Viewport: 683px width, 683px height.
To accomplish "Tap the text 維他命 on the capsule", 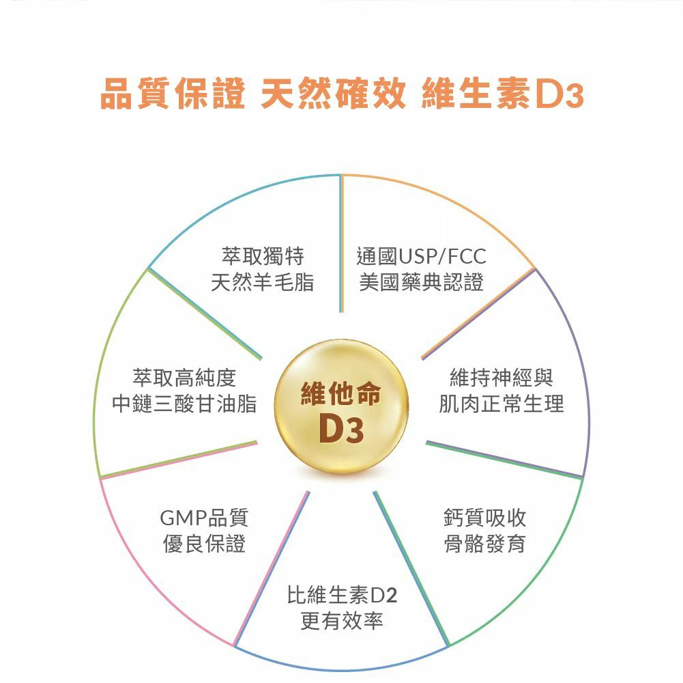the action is point(340,395).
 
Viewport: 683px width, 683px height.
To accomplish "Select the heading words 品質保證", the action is point(173,96).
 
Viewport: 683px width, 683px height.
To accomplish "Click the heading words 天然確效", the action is point(333,96).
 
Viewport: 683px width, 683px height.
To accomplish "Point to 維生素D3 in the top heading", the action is point(504,96).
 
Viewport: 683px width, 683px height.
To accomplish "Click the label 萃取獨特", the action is point(263,257).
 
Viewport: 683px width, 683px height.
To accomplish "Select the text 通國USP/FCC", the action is point(422,257).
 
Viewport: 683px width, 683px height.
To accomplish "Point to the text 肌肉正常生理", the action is point(502,404).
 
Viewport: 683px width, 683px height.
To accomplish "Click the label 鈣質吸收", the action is point(484,518).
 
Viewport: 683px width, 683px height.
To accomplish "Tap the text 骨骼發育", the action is point(484,544).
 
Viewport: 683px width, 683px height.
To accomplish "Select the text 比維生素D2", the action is point(342,595).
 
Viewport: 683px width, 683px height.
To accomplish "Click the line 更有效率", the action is point(342,621).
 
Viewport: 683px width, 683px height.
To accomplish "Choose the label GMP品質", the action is point(204,518).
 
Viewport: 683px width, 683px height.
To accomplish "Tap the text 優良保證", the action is point(204,544).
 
